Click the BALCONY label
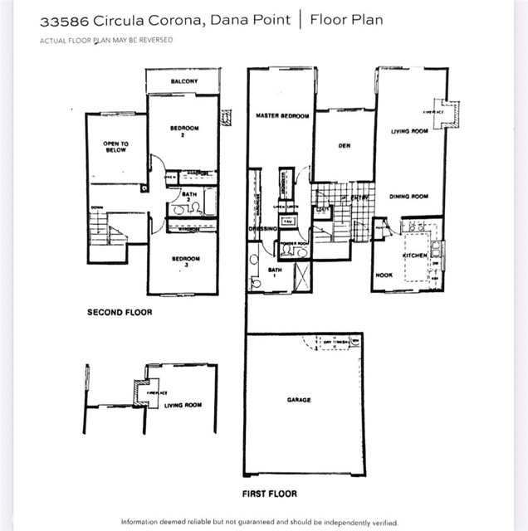(x=183, y=81)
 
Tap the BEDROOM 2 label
(x=183, y=131)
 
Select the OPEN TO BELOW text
(x=116, y=147)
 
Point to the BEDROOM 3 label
(x=185, y=262)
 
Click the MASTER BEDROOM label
(x=282, y=116)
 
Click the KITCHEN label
(x=414, y=256)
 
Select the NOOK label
(x=384, y=275)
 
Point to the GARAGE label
(x=299, y=400)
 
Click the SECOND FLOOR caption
(x=120, y=314)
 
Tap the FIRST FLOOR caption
(x=269, y=494)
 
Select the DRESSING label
(x=262, y=228)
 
